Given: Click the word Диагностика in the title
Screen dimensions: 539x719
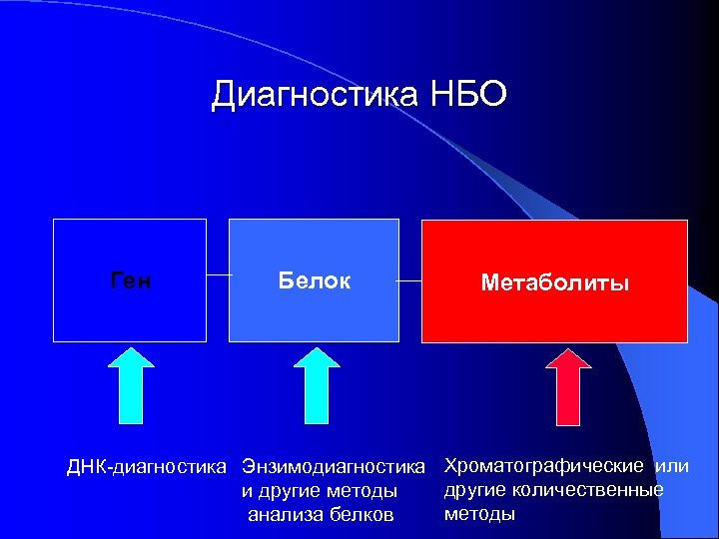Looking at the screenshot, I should point(316,96).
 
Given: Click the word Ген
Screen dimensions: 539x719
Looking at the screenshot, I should point(130,281).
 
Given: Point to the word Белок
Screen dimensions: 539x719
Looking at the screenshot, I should point(314,281).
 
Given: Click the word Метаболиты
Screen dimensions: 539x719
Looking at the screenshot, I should point(554,283).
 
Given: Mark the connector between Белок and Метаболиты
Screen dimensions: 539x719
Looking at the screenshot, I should point(409,281).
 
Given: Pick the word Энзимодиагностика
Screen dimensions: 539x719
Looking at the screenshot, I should point(334,466).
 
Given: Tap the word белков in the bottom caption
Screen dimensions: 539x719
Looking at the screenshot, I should point(363,515).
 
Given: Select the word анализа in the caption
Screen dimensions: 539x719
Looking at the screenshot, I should point(283,515).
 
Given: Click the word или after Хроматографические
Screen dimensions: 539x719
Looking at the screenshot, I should point(672,466).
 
